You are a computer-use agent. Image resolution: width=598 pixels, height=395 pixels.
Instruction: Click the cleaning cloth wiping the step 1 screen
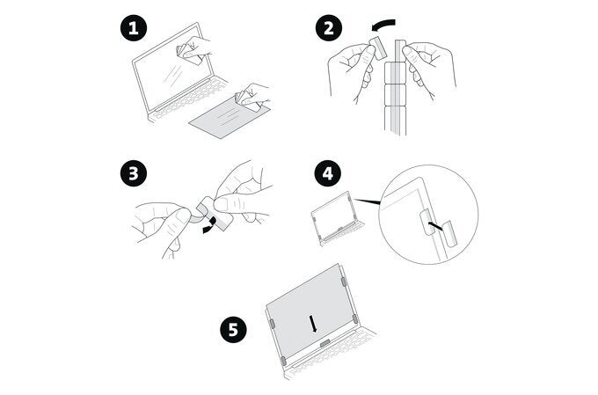point(188,51)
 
